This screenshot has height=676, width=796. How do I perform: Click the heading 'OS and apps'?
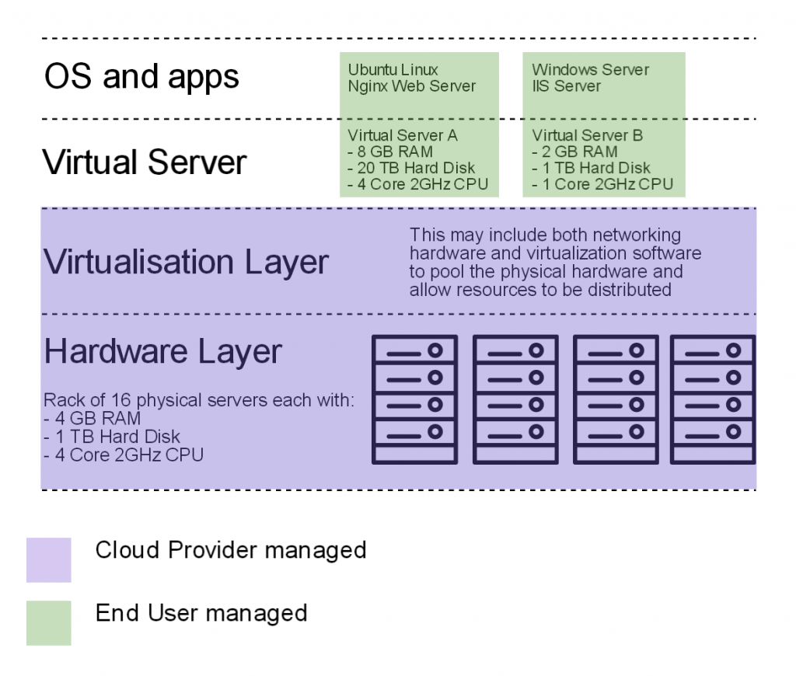pyautogui.click(x=141, y=78)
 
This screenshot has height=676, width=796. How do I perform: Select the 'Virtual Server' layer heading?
pyautogui.click(x=144, y=163)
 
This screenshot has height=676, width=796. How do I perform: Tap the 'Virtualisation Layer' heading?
pyautogui.click(x=186, y=262)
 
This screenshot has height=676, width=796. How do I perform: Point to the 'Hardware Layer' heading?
pyautogui.click(x=162, y=351)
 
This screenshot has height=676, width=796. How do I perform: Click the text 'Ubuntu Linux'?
pyautogui.click(x=393, y=70)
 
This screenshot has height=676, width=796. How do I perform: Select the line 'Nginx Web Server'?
pyautogui.click(x=411, y=86)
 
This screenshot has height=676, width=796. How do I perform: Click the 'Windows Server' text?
pyautogui.click(x=590, y=70)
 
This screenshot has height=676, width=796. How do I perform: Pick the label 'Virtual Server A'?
pyautogui.click(x=403, y=136)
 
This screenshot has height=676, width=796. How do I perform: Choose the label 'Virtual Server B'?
pyautogui.click(x=588, y=136)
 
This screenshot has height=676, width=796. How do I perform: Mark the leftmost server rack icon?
pyautogui.click(x=414, y=399)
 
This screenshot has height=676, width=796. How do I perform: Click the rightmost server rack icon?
pyautogui.click(x=713, y=399)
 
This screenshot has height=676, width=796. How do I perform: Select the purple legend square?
pyautogui.click(x=48, y=559)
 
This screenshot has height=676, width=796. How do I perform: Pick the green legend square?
pyautogui.click(x=48, y=622)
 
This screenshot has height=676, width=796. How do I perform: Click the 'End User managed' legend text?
pyautogui.click(x=201, y=613)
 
